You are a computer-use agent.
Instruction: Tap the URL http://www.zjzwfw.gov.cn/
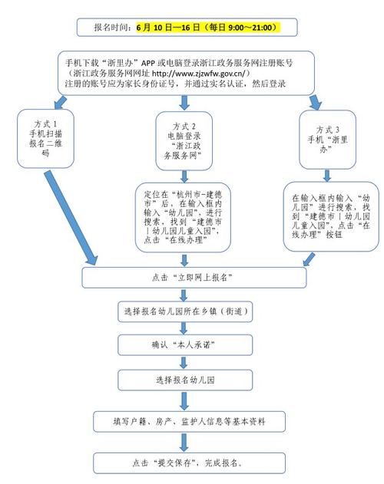tap(198, 74)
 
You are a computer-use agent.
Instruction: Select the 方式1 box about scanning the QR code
tap(46, 139)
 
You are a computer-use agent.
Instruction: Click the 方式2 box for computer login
tap(184, 141)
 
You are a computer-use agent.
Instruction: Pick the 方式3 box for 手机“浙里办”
tap(328, 140)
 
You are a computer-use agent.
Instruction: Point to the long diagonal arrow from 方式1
tap(71, 219)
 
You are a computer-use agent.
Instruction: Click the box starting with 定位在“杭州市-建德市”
tap(183, 217)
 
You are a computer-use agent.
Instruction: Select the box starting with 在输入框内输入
tap(331, 216)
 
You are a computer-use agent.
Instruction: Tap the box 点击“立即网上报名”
tap(194, 278)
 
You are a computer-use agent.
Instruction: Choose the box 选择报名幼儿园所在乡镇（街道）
tap(185, 311)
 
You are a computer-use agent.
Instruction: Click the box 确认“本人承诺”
tap(185, 345)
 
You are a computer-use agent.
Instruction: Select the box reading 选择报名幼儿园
tap(185, 380)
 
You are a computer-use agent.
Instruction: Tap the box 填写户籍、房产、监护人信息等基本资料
tap(189, 421)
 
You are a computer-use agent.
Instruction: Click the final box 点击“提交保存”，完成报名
tap(189, 463)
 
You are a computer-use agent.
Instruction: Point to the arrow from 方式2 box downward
tap(184, 176)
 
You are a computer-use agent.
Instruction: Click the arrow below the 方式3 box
tap(327, 176)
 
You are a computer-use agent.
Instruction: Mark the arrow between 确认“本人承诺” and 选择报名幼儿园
tap(184, 362)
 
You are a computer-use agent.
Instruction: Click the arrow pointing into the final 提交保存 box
tap(184, 443)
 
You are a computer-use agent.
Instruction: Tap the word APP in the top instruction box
tap(148, 63)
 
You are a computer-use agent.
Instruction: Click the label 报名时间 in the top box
tap(111, 28)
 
